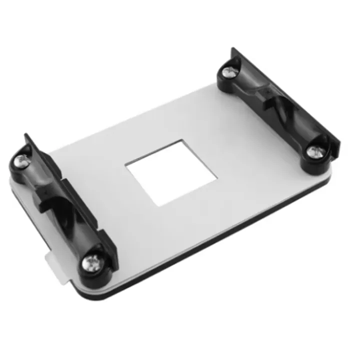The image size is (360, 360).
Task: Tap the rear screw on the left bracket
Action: [x=22, y=160]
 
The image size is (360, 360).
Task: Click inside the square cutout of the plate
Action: [x=171, y=172]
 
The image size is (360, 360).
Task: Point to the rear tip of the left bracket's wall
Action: [x=25, y=136]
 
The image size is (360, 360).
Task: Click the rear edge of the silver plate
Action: [x=150, y=107]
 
